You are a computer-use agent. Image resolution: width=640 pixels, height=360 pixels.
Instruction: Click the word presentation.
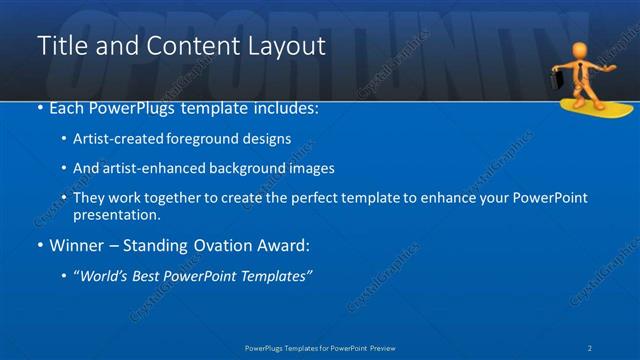[x=117, y=214]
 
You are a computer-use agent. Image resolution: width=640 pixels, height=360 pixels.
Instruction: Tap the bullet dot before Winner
[x=39, y=245]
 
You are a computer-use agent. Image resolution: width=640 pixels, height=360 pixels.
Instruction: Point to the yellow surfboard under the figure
[x=585, y=108]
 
